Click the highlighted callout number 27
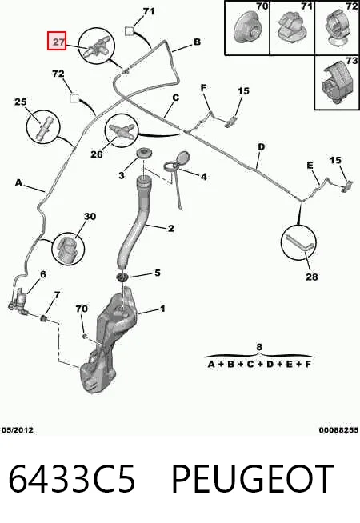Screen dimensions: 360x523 (x=57, y=41)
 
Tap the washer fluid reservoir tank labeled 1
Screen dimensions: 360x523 (x=107, y=344)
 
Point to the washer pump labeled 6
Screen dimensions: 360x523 (x=20, y=301)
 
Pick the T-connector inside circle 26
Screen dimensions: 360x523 (x=121, y=130)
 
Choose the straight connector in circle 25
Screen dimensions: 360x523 (x=43, y=128)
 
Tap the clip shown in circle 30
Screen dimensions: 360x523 (x=68, y=250)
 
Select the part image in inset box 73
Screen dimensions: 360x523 (x=338, y=82)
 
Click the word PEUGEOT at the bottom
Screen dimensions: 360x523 (x=253, y=479)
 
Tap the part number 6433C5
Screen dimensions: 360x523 (x=71, y=479)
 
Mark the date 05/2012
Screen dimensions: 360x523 (x=17, y=430)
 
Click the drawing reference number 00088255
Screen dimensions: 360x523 (x=338, y=430)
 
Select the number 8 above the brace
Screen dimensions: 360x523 (x=259, y=347)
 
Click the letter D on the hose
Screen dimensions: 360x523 (x=262, y=147)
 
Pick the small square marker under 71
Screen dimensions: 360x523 (x=129, y=31)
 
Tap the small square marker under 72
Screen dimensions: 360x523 (x=74, y=98)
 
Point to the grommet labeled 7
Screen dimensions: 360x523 (x=43, y=318)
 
